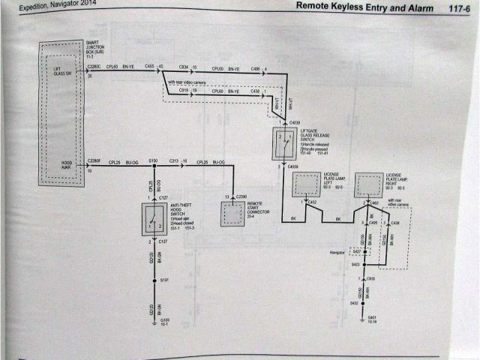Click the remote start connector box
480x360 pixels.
pos(232,213)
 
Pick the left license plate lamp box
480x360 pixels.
pos(306,184)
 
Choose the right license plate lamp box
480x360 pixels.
pos(368,184)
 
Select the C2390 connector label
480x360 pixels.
pos(241,196)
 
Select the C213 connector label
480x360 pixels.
pos(174,160)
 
